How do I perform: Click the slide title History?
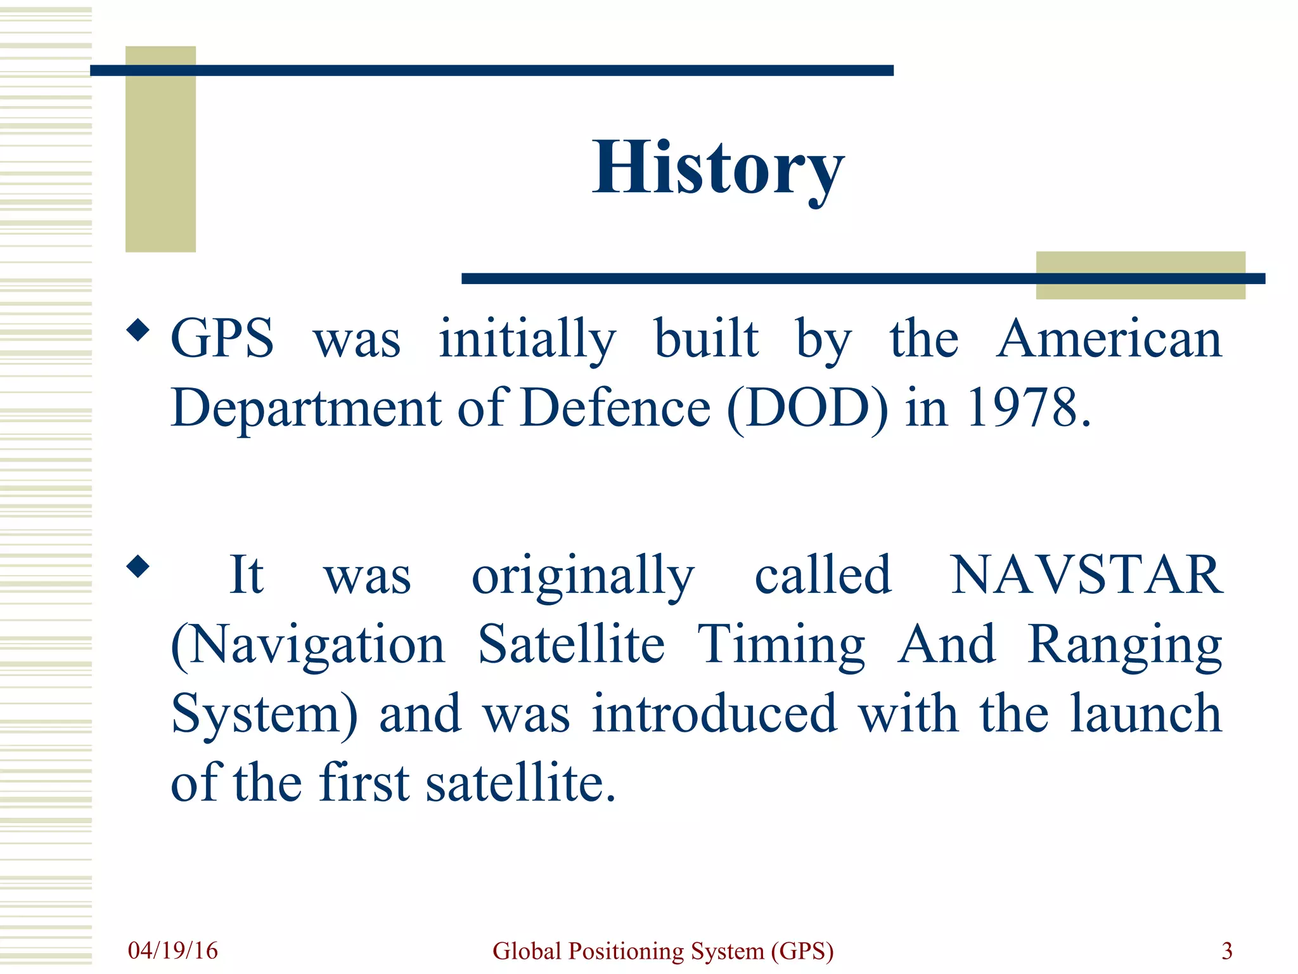[x=717, y=168]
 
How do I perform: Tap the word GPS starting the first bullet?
[x=222, y=339]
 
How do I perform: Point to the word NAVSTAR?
[x=1086, y=575]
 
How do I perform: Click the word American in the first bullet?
[x=1108, y=339]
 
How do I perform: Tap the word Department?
[x=306, y=409]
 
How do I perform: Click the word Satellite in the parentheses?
[x=571, y=644]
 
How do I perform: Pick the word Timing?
[x=781, y=646]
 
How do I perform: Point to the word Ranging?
[x=1125, y=646]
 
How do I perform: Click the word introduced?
[x=714, y=714]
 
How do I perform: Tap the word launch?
[x=1146, y=714]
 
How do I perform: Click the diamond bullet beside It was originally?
[x=138, y=566]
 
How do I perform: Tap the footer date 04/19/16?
[x=172, y=951]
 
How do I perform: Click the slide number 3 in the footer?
[x=1227, y=951]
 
